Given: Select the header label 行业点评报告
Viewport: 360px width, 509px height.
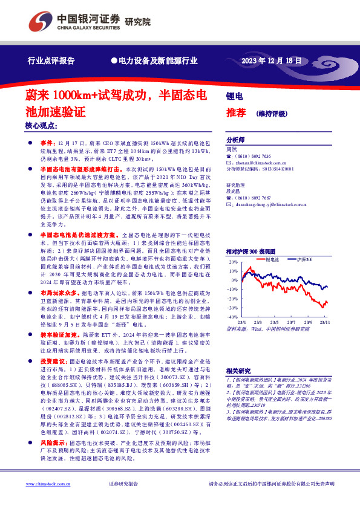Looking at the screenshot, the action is point(51,61).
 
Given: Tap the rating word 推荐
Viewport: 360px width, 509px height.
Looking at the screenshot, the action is point(236,112).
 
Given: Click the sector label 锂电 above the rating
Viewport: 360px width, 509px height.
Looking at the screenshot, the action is point(234,96).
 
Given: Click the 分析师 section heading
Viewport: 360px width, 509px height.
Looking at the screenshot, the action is point(235,138).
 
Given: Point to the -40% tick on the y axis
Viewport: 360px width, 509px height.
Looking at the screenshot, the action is point(232,316).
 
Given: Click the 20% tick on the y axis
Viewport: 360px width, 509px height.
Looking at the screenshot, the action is point(233,262).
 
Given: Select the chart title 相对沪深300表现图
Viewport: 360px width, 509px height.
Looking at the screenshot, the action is point(250,250).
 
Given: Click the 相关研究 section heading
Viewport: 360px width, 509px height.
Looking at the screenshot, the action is point(238,371).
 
